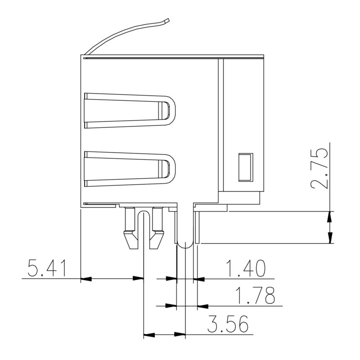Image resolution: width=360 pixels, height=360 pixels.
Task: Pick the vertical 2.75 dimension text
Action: point(318,167)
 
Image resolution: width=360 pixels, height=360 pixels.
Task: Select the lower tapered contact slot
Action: point(129,168)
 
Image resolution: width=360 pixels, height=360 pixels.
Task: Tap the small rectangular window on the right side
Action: point(245,167)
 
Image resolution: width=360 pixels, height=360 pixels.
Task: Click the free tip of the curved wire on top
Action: point(167,20)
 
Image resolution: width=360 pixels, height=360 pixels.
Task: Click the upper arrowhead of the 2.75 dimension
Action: point(331,216)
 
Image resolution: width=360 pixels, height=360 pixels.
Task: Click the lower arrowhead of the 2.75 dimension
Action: point(331,238)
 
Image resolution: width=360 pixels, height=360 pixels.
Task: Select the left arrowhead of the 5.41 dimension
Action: point(86,279)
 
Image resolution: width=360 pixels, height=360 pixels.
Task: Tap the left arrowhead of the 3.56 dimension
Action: point(149,335)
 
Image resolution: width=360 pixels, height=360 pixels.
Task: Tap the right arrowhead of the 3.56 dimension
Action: point(180,335)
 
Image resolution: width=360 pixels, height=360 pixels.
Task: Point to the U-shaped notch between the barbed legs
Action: point(144,214)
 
